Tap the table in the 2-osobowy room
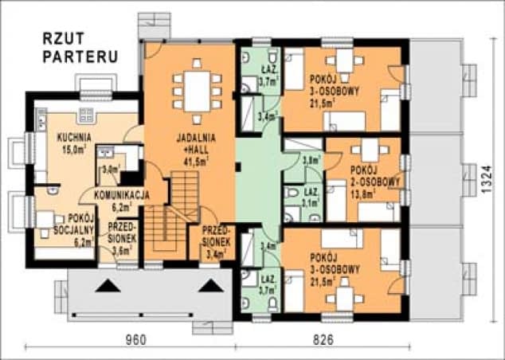pos(371,149)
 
